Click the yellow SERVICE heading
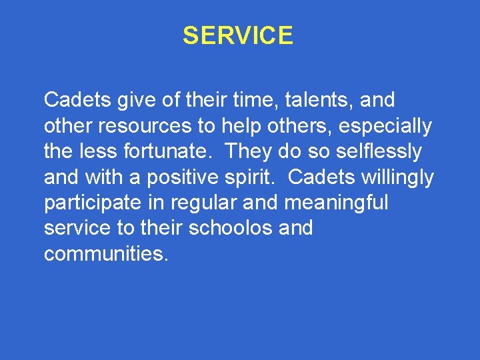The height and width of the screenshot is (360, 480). [x=238, y=36]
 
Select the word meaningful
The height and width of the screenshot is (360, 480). [x=336, y=203]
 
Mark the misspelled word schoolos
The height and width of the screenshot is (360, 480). [x=230, y=228]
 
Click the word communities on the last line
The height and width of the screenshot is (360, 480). [x=103, y=253]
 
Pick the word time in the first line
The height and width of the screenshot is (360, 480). [x=236, y=101]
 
